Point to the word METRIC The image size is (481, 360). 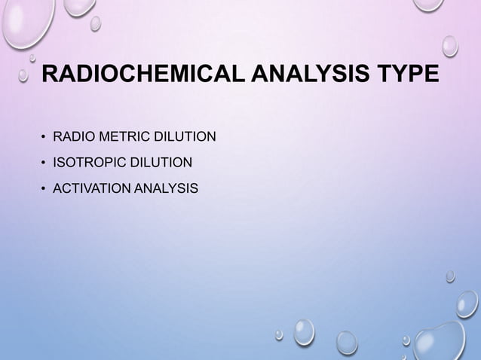pyautogui.click(x=121, y=136)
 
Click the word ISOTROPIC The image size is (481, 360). pyautogui.click(x=86, y=162)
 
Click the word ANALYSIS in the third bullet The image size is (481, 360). pyautogui.click(x=165, y=188)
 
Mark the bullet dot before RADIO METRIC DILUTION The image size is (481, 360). pyautogui.click(x=44, y=137)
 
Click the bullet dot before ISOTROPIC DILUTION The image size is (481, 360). pyautogui.click(x=44, y=163)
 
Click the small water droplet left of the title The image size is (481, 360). pyautogui.click(x=23, y=75)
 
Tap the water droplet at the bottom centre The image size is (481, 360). pyautogui.click(x=303, y=331)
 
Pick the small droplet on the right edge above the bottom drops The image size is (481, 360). pyautogui.click(x=450, y=276)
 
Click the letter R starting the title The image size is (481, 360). pyautogui.click(x=49, y=76)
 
